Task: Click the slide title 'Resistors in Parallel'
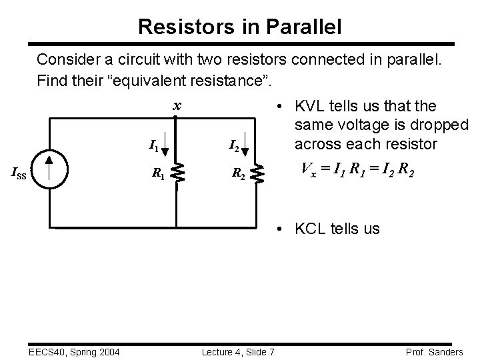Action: [239, 27]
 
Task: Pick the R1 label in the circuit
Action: [157, 175]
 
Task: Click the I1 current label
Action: [153, 145]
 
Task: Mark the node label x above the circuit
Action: [177, 106]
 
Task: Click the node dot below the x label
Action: [175, 117]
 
